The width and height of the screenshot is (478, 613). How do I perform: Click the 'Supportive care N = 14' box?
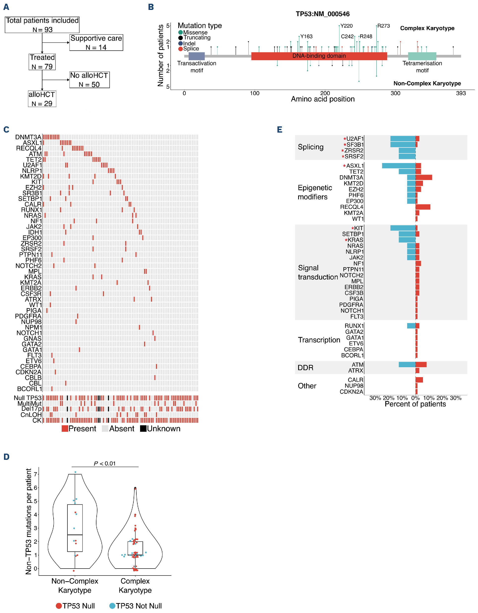coord(96,43)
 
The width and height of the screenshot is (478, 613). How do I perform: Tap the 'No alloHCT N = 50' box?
coord(89,80)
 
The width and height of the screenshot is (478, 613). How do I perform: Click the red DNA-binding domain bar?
coord(319,56)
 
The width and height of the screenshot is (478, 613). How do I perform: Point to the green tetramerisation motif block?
coord(422,56)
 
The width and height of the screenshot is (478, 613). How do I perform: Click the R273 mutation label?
coord(383,26)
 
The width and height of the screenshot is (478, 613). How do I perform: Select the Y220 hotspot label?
coord(346,26)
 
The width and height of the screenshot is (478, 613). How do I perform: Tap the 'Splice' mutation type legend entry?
coord(191,49)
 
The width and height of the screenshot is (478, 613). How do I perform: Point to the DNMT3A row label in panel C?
coord(28,137)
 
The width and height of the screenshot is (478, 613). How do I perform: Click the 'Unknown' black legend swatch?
coord(143,429)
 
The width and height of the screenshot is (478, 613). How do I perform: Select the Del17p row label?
coord(31,409)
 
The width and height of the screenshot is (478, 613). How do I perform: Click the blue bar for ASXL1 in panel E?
coord(398,166)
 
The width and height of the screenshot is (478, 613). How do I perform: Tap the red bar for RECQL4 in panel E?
coord(423,207)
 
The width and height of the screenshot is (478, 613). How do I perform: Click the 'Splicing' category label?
coord(310,147)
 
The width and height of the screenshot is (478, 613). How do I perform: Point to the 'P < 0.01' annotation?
coord(105,464)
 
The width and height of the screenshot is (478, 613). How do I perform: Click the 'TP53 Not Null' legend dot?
coord(112,606)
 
